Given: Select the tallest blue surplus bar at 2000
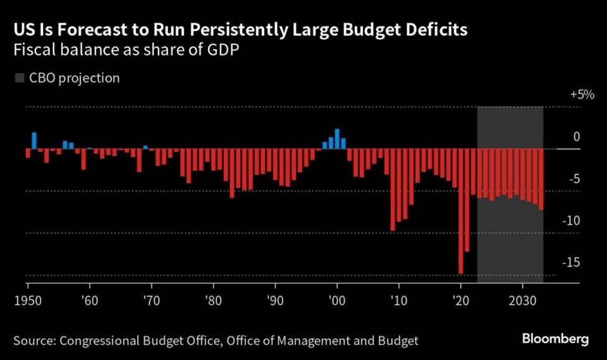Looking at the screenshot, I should pyautogui.click(x=337, y=139).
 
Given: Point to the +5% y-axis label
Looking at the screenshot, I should pyautogui.click(x=582, y=95).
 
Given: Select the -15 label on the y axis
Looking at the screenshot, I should pyautogui.click(x=583, y=263).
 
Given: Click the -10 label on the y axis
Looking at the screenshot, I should pyautogui.click(x=583, y=221).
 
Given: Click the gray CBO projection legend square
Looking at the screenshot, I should pyautogui.click(x=19, y=78).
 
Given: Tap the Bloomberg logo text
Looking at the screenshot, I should pyautogui.click(x=555, y=339).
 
